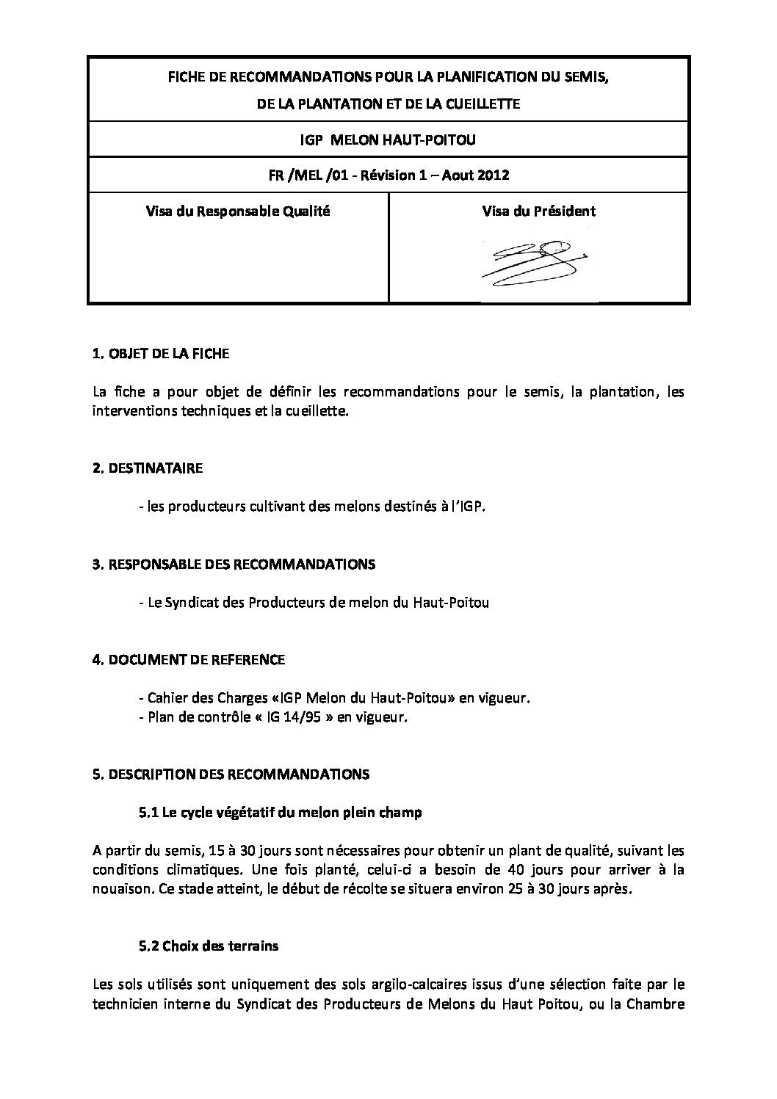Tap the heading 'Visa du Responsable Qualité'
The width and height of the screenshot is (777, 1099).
(238, 211)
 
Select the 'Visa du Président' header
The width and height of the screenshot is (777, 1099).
(538, 211)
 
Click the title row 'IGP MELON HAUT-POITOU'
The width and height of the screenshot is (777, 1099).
(388, 139)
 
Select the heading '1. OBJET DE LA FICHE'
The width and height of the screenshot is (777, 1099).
(161, 354)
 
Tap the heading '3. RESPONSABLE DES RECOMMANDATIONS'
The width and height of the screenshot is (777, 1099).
(234, 565)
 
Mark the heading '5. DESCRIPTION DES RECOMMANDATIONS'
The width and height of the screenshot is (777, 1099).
(231, 775)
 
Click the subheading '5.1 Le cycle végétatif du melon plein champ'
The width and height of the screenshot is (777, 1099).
(280, 813)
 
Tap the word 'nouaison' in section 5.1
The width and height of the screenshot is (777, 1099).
(120, 890)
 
